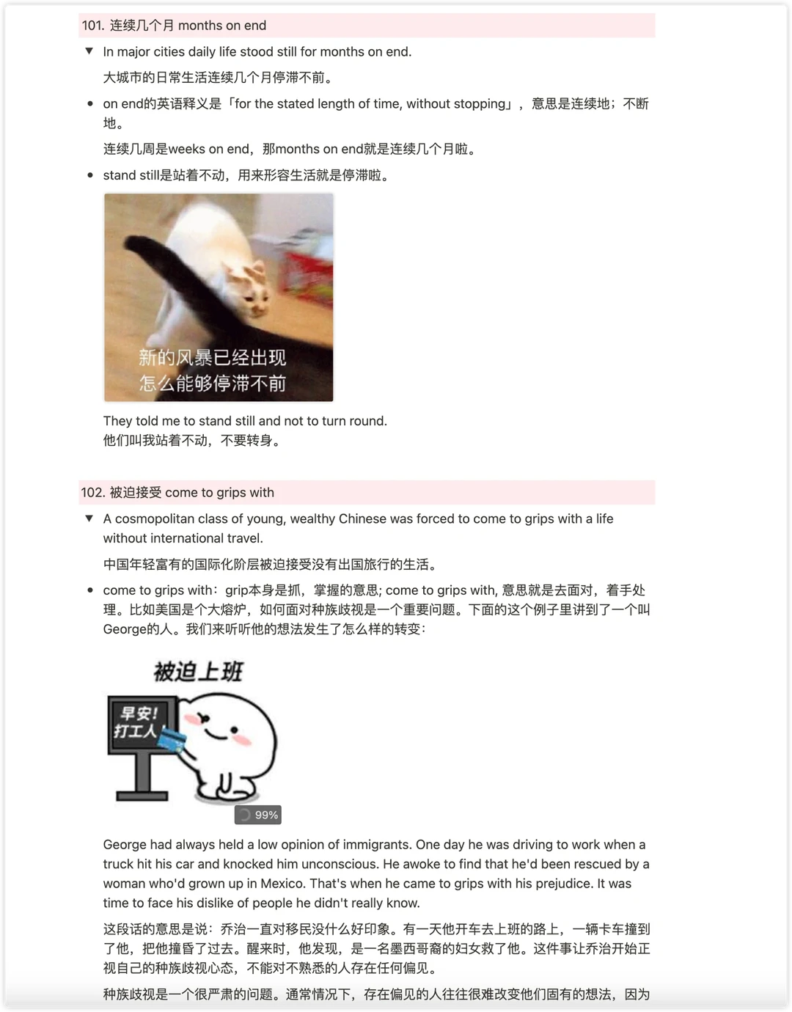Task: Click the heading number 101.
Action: point(92,25)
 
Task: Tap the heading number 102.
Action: point(92,492)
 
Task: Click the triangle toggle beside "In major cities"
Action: point(89,51)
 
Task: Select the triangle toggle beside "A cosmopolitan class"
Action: point(89,518)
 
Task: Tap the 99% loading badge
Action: point(258,815)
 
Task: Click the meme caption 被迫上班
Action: point(198,672)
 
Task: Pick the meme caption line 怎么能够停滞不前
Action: point(213,384)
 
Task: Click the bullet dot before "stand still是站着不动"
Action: point(90,175)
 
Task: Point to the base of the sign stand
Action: point(142,796)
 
